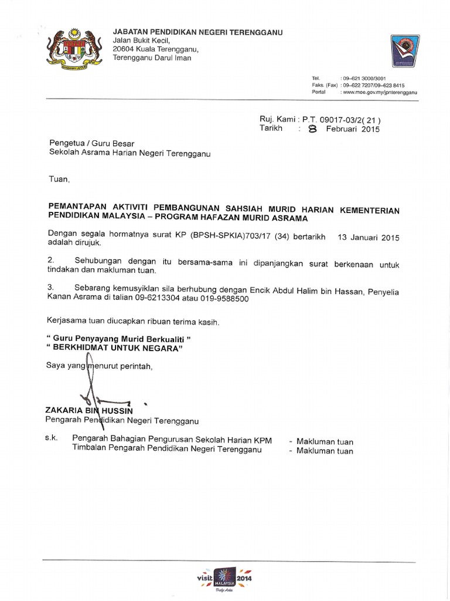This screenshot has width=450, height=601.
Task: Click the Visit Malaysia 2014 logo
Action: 225,579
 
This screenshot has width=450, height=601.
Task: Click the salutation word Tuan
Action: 58,178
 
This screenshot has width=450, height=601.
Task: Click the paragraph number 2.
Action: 51,260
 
